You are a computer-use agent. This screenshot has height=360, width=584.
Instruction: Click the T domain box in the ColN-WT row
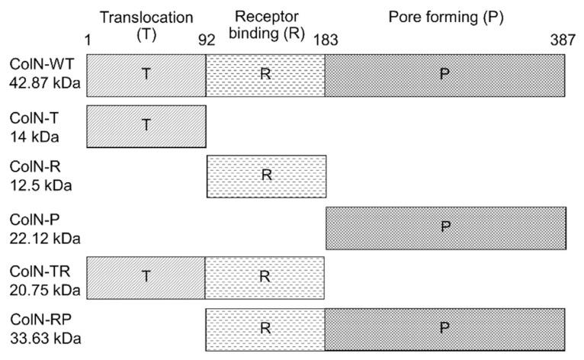(x=146, y=76)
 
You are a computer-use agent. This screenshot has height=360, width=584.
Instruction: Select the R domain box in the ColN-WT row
(x=265, y=76)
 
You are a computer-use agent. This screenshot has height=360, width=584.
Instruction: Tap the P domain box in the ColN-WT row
(x=444, y=76)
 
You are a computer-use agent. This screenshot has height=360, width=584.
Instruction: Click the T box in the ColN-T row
(x=146, y=126)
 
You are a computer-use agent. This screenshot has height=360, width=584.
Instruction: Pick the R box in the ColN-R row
(x=266, y=176)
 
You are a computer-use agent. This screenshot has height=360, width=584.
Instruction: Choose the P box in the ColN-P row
(x=446, y=227)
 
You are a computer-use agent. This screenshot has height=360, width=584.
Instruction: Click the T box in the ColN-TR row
(x=146, y=277)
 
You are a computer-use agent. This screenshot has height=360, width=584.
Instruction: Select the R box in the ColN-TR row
(x=265, y=277)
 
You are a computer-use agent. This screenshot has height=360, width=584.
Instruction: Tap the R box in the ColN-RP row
(x=265, y=327)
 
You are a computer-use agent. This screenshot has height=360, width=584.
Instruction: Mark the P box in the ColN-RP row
(x=444, y=327)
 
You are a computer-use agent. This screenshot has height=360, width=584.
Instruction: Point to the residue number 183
(x=326, y=43)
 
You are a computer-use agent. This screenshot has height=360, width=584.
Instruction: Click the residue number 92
(x=207, y=43)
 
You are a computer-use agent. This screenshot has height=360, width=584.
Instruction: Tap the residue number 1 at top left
(x=88, y=43)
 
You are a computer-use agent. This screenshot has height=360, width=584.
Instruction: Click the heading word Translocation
(x=146, y=17)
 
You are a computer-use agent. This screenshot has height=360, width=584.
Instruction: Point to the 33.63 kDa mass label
(x=40, y=336)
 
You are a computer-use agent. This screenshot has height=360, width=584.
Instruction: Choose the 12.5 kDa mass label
(x=37, y=185)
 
